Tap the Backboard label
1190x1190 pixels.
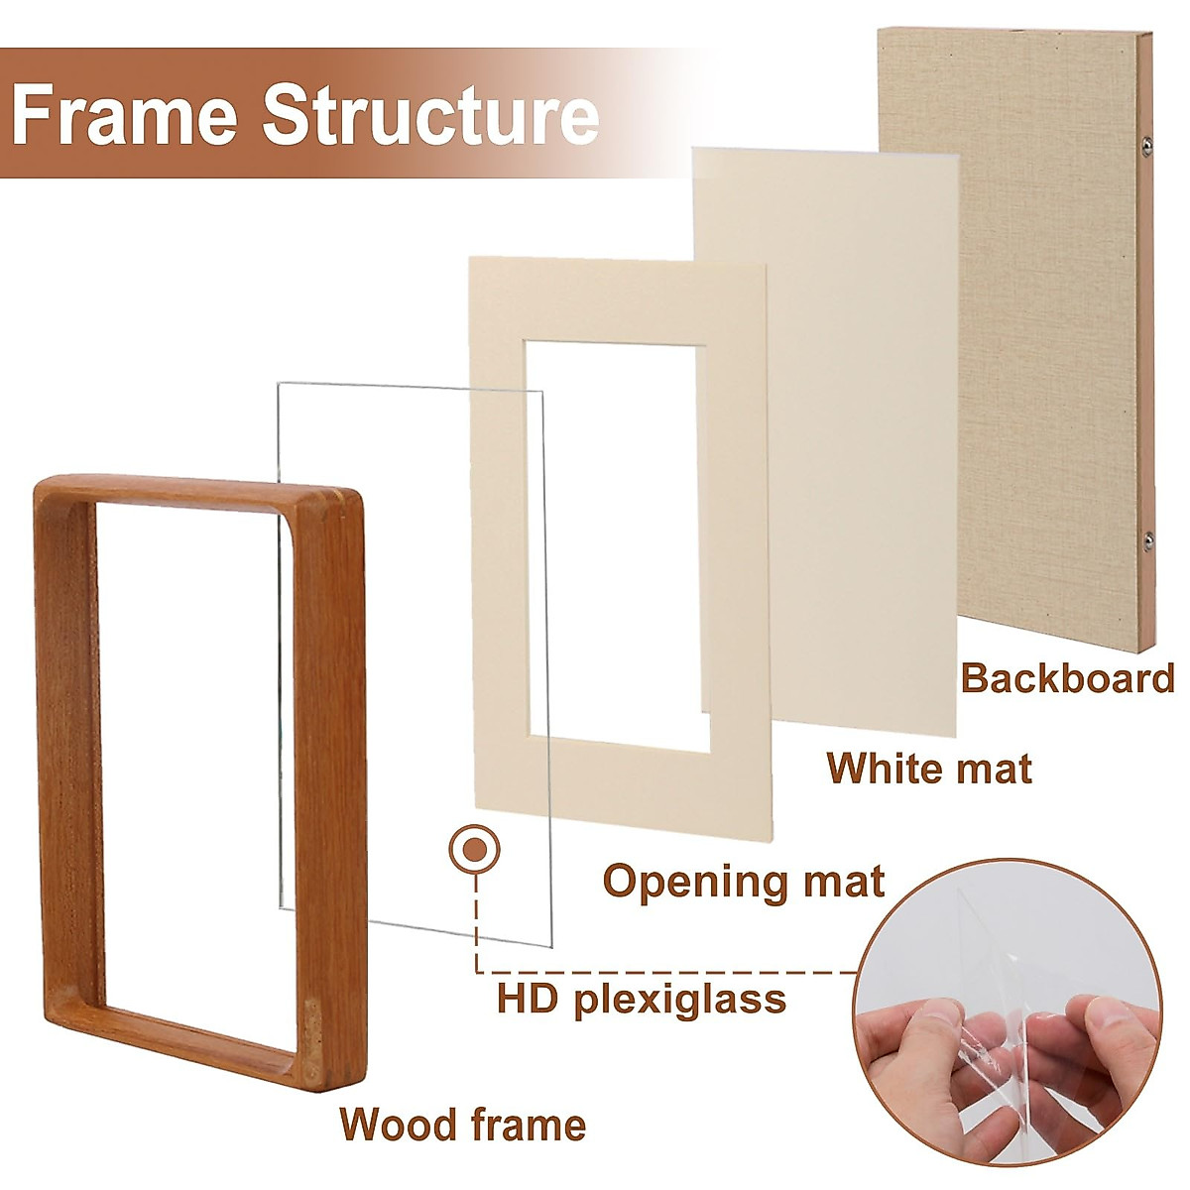coord(1067,678)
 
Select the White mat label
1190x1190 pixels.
coord(929,769)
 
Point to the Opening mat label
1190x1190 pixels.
coord(744,881)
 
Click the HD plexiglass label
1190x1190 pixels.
coord(642,998)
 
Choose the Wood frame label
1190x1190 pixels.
coord(462,1125)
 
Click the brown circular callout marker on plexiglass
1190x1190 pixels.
coord(474,849)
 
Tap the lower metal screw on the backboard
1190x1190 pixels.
coord(1147,540)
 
